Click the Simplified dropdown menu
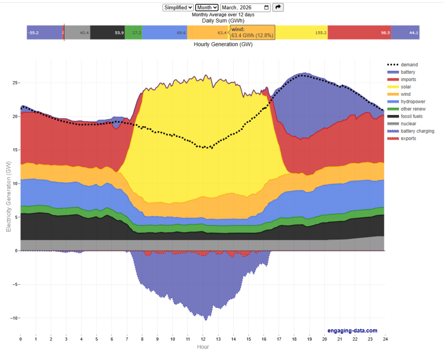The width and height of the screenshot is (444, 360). coord(178,7)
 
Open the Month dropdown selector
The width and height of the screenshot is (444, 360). coord(207,7)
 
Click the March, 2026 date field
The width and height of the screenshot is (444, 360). coord(245,7)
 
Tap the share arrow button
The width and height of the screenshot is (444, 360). coord(278,7)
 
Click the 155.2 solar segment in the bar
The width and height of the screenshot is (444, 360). coord(302,32)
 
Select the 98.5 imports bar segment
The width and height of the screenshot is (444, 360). coord(359,32)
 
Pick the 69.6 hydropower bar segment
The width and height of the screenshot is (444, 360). coord(164,32)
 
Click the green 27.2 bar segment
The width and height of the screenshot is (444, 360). coord(134,32)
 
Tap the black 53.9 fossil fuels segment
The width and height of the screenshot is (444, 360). coord(108,32)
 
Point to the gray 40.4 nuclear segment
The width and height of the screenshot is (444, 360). coord(78,32)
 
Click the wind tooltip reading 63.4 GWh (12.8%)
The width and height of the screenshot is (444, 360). coord(252,32)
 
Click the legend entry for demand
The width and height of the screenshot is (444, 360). coord(409,65)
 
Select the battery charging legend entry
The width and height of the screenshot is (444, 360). coord(417,131)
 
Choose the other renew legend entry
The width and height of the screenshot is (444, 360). coord(413,109)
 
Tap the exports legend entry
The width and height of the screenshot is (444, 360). coord(408,138)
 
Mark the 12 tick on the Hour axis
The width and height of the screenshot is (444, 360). coord(202,338)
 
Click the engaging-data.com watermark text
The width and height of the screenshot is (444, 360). coord(353,331)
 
